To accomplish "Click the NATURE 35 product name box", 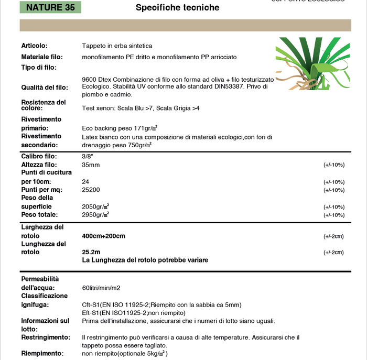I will coord(50,7).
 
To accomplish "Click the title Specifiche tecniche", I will coord(177,7).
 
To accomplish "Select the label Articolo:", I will coord(35,46).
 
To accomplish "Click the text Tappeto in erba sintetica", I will coord(117,46).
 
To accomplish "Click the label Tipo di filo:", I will coord(39,67).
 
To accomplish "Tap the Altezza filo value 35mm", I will coord(91,165).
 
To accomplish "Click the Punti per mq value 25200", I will coord(91,190).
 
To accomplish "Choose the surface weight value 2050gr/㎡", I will coord(95,206).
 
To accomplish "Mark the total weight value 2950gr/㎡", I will coord(95,215).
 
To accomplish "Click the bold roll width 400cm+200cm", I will coord(104,236).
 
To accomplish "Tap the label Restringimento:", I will coord(46,337).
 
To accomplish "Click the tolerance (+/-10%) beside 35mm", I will coord(333,165).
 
